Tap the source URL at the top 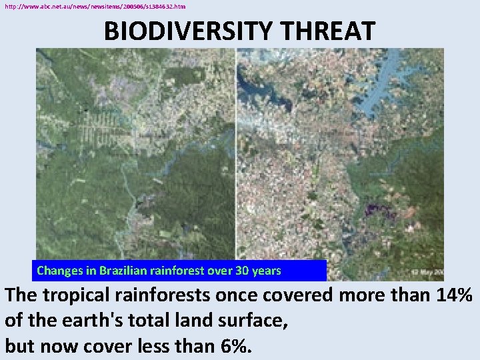[x=95, y=6]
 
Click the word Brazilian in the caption [x=126, y=271]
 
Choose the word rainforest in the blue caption [x=189, y=271]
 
